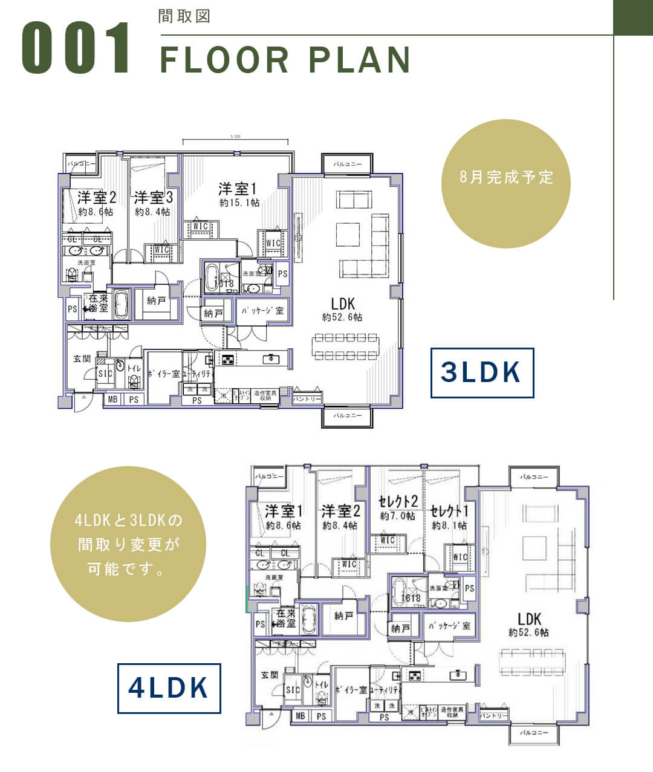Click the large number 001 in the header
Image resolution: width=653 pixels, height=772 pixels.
pos(76,48)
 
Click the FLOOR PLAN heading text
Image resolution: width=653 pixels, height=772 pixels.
pos(285,59)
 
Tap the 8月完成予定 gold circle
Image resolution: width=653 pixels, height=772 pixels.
pos(506,177)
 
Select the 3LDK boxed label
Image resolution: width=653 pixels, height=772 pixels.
pos(482,372)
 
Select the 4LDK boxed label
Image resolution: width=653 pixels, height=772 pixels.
pos(169,688)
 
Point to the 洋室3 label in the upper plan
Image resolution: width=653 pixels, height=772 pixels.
pos(154,198)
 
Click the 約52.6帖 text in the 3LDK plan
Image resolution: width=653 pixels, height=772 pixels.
pos(342,317)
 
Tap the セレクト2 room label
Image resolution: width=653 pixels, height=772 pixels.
pos(398,501)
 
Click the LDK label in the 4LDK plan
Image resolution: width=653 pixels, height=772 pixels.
pos(529,618)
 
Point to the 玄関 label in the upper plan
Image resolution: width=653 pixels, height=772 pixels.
pos(82,358)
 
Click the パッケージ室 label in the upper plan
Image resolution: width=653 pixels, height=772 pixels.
pos(262,311)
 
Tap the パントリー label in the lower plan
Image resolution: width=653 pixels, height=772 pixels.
pos(493,715)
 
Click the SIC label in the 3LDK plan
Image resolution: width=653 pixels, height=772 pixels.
pos(105,374)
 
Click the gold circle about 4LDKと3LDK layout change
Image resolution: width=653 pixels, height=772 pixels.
pos(128,544)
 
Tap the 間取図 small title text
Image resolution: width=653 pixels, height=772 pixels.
pos(184,16)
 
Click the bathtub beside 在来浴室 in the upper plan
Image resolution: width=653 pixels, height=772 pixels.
pos(122,305)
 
